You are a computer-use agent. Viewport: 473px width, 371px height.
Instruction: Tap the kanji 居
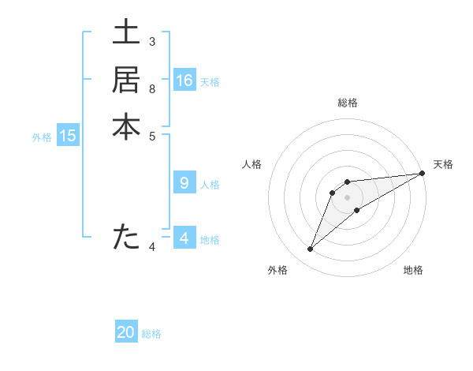[x=126, y=80]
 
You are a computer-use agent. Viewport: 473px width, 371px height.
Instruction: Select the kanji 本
[x=126, y=127]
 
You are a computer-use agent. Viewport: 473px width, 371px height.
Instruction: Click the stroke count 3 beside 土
[x=151, y=41]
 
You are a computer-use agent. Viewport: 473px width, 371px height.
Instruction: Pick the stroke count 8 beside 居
[x=151, y=88]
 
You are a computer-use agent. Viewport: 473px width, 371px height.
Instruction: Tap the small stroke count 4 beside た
[x=151, y=247]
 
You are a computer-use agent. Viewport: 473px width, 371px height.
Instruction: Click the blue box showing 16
[x=184, y=81]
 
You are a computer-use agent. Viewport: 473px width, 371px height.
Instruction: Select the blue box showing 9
[x=184, y=183]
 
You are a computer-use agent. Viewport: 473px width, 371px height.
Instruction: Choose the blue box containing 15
[x=68, y=136]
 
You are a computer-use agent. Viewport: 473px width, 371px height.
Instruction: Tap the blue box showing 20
[x=126, y=332]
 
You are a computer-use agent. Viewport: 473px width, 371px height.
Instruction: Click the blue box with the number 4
[x=184, y=238]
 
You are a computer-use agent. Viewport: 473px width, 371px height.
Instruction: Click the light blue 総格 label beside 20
[x=151, y=334]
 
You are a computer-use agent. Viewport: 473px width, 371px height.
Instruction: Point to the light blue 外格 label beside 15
[x=42, y=137]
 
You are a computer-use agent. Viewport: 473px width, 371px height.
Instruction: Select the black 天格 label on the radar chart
[x=443, y=164]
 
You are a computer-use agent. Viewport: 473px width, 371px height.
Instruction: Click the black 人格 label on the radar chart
[x=251, y=164]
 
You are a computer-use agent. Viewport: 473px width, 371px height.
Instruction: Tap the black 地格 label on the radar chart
[x=413, y=271]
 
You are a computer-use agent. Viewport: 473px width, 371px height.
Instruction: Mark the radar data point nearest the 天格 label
[x=421, y=173]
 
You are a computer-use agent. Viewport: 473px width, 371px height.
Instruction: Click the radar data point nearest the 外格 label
[x=311, y=249]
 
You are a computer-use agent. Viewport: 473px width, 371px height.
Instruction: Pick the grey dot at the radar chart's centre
[x=347, y=197]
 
